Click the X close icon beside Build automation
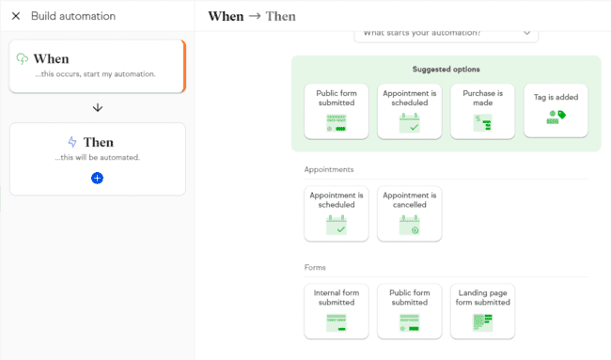16,16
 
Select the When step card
97,66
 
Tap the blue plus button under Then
98,178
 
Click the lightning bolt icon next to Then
72,142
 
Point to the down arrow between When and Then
98,107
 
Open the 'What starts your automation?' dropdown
446,34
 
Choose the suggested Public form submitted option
337,111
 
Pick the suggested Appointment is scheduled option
410,111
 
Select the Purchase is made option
482,111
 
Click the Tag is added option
556,111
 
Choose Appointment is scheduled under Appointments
337,213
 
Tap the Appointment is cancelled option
410,213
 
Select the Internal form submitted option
337,311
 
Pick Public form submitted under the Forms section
410,311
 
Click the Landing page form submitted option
482,311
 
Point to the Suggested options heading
446,70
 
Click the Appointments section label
328,170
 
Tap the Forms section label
316,268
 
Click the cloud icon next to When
23,58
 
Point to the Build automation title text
73,16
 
